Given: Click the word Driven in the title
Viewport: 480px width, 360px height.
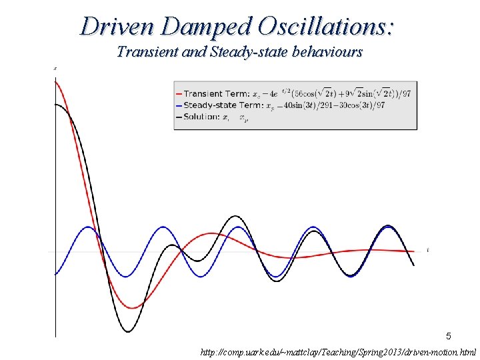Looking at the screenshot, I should (117, 26).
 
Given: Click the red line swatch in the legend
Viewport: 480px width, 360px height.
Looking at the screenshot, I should (179, 93).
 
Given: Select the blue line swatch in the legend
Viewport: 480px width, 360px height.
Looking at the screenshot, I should (179, 105).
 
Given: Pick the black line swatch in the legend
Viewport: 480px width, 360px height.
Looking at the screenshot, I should (179, 117).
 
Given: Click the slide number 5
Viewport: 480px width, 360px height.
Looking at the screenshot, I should (449, 336).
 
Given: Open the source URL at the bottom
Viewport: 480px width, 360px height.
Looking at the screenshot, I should (339, 351).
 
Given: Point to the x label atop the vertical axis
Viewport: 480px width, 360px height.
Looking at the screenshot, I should (54, 68).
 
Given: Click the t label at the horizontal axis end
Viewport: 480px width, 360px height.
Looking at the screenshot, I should (427, 249).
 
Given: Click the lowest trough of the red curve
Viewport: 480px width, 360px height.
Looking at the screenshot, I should (132, 308).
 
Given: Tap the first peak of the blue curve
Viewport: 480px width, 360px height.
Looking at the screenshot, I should (89, 227).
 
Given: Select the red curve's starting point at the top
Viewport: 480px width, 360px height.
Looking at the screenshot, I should (55, 81).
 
